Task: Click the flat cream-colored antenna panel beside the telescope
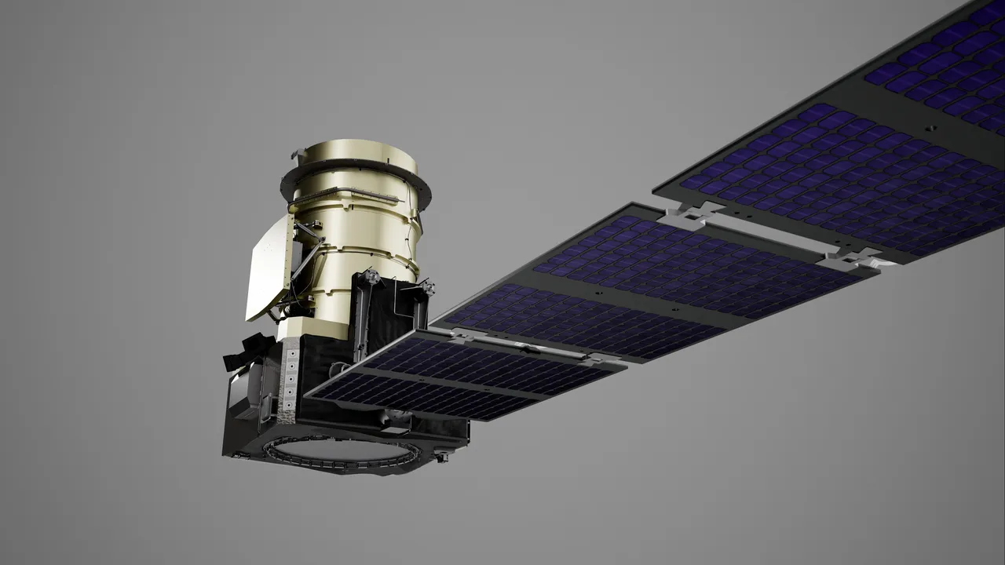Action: point(267,271)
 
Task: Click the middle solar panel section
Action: point(628,282)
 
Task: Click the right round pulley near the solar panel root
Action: point(428,289)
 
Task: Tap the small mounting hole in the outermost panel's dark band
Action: point(930,126)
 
